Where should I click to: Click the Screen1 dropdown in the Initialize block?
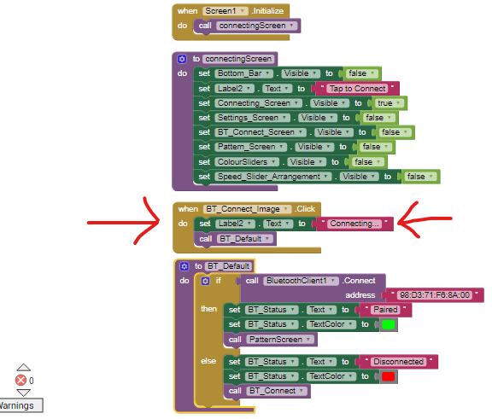click(x=225, y=11)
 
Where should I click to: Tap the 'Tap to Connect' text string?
click(x=357, y=89)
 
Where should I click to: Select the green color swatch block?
click(x=388, y=324)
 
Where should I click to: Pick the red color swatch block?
click(x=388, y=376)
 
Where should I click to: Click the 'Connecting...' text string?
click(x=354, y=224)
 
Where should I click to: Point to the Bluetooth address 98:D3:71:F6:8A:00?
click(x=435, y=295)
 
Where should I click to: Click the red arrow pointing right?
click(x=124, y=221)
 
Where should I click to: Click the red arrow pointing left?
click(x=425, y=219)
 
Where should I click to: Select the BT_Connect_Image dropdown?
click(x=247, y=209)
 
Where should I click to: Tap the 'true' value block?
click(x=388, y=103)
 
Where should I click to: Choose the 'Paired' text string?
click(x=385, y=310)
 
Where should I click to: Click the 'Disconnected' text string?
click(x=399, y=362)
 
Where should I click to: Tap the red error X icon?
click(x=21, y=381)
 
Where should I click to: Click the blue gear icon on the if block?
click(x=205, y=281)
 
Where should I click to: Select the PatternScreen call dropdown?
click(x=280, y=340)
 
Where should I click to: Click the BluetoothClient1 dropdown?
click(x=302, y=281)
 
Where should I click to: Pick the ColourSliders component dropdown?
click(x=247, y=162)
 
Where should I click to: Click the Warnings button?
click(x=20, y=405)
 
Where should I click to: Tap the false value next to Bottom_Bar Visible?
click(x=361, y=73)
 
